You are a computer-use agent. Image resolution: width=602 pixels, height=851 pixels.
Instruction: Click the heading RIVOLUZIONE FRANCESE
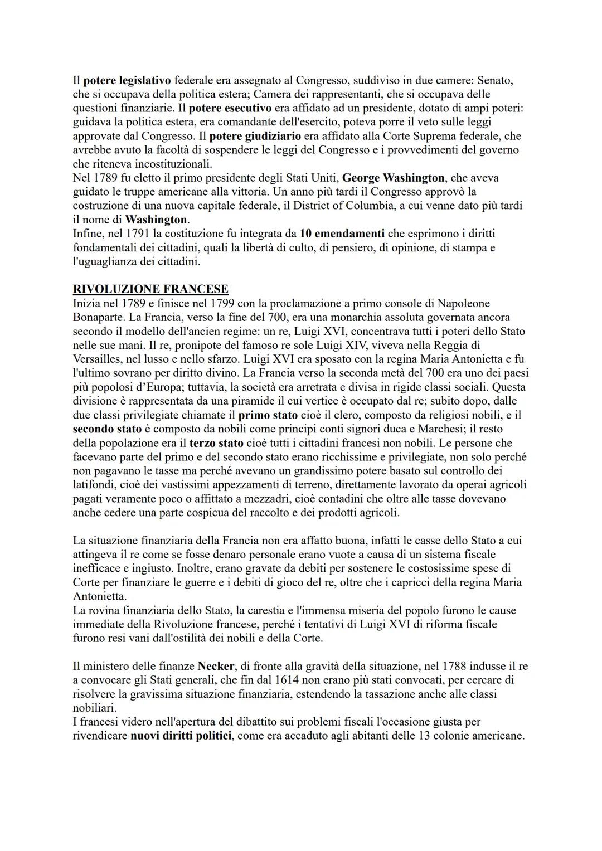pyautogui.click(x=151, y=289)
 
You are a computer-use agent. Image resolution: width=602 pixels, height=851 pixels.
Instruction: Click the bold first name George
pyautogui.click(x=362, y=178)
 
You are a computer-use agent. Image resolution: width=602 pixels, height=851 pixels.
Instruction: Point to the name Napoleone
pyautogui.click(x=463, y=303)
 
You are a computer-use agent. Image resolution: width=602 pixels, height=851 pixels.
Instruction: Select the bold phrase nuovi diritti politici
pyautogui.click(x=181, y=736)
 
